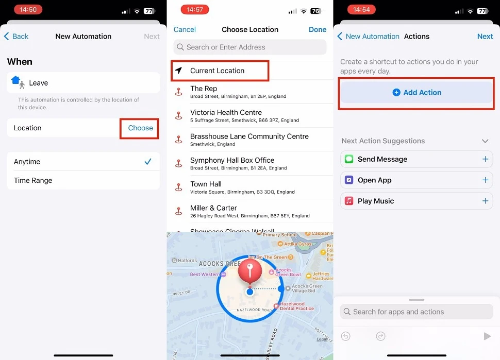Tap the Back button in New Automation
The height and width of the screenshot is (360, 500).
(x=16, y=37)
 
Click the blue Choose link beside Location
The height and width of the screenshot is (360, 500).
(x=140, y=128)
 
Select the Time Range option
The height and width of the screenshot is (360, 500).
(x=33, y=181)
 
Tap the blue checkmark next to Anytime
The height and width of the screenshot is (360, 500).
(x=148, y=162)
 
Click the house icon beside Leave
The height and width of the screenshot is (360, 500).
(x=16, y=81)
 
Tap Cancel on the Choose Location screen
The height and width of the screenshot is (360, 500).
(x=185, y=30)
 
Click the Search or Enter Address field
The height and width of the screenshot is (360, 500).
(x=250, y=47)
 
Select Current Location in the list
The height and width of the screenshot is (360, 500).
(x=218, y=71)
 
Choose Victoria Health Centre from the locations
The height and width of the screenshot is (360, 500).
(x=226, y=113)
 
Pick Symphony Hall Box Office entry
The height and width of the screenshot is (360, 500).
(x=232, y=161)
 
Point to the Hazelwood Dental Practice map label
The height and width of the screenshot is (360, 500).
(x=296, y=306)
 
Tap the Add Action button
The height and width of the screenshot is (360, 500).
(x=416, y=93)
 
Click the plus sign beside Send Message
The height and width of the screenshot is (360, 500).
(x=485, y=160)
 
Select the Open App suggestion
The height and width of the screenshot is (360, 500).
(x=375, y=180)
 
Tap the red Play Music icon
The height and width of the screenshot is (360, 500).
(x=349, y=201)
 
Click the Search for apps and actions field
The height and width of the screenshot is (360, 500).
(x=416, y=312)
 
